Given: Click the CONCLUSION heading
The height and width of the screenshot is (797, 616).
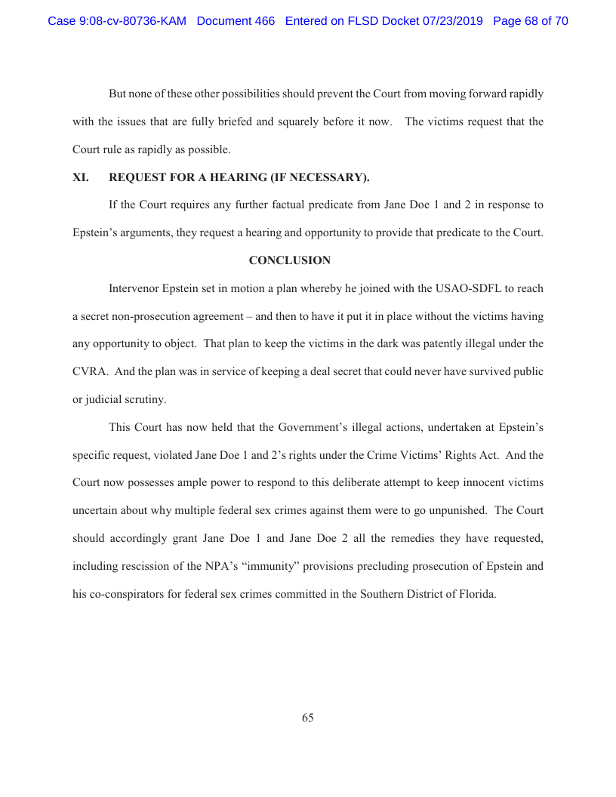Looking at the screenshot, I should coord(289,260).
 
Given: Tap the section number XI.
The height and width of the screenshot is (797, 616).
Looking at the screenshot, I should coord(80,178).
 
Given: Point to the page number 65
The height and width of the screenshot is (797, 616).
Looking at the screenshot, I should coord(307,718).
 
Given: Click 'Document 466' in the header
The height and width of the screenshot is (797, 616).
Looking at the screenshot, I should coord(236,21).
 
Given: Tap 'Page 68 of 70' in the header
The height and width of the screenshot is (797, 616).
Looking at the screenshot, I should coord(530,21).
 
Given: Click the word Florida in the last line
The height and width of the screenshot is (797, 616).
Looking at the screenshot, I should coord(477,593).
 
